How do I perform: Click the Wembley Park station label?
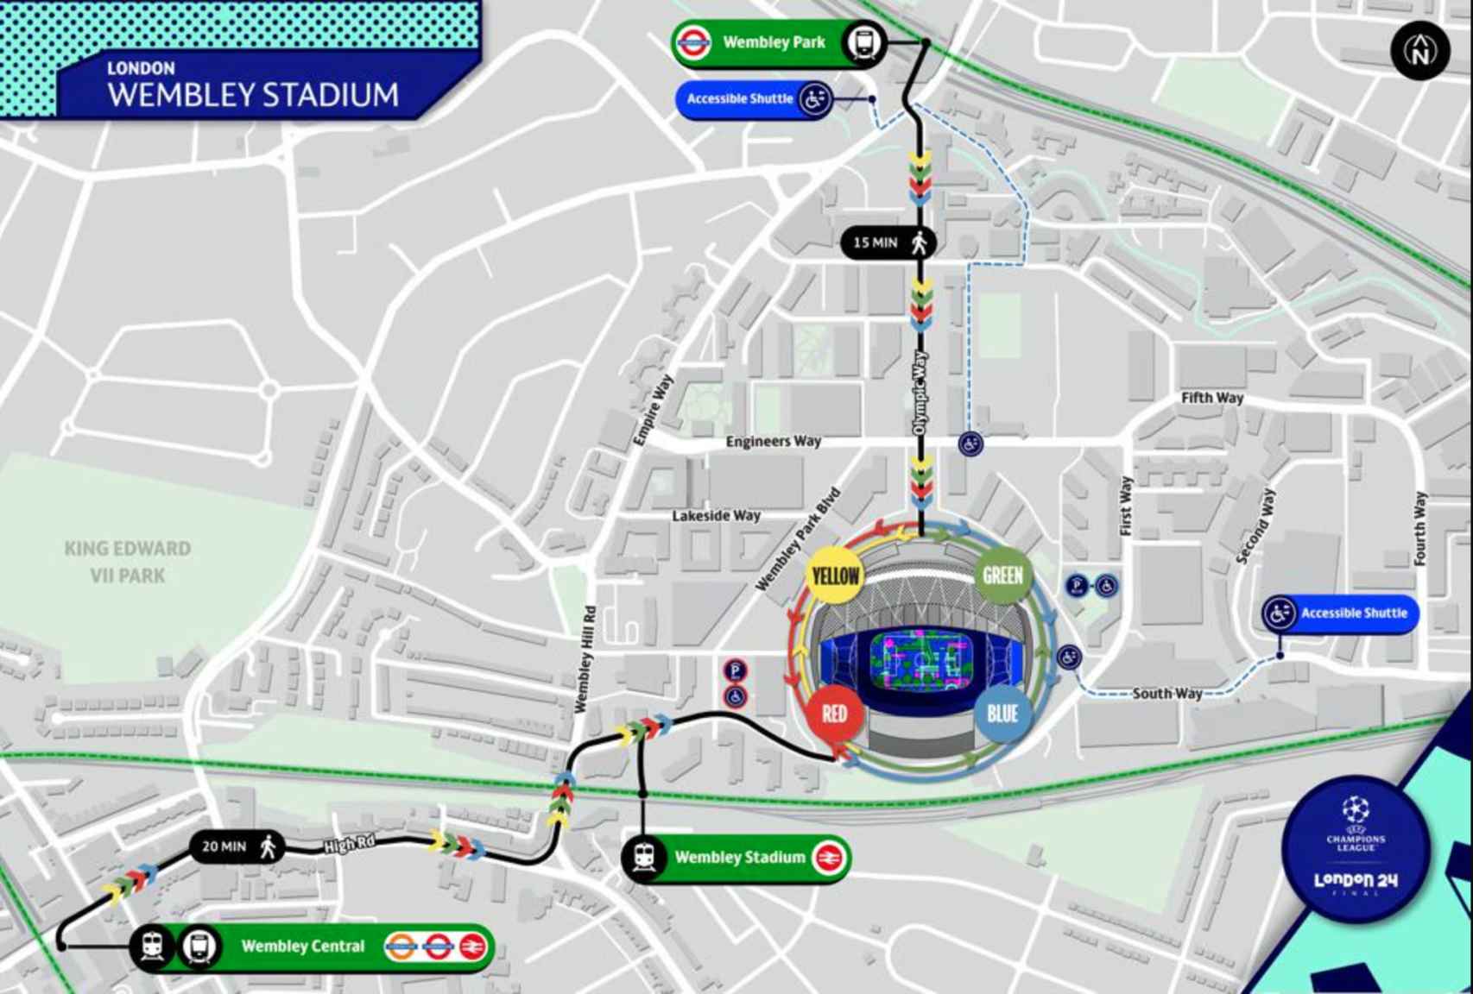[774, 42]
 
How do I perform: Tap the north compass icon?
[1419, 51]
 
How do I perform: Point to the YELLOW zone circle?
[834, 576]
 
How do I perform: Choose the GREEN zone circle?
[1002, 576]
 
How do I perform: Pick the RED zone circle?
[834, 714]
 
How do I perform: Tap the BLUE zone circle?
[1002, 714]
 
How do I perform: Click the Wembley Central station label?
[303, 947]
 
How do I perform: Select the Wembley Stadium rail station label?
[739, 858]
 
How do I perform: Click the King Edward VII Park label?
[128, 562]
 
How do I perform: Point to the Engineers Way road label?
[773, 442]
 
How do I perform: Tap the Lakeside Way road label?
[716, 516]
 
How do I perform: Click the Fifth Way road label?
[1211, 398]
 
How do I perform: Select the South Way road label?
[1166, 694]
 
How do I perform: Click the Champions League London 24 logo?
[1356, 850]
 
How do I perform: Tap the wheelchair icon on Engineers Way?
[970, 444]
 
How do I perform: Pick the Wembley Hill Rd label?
[585, 660]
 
